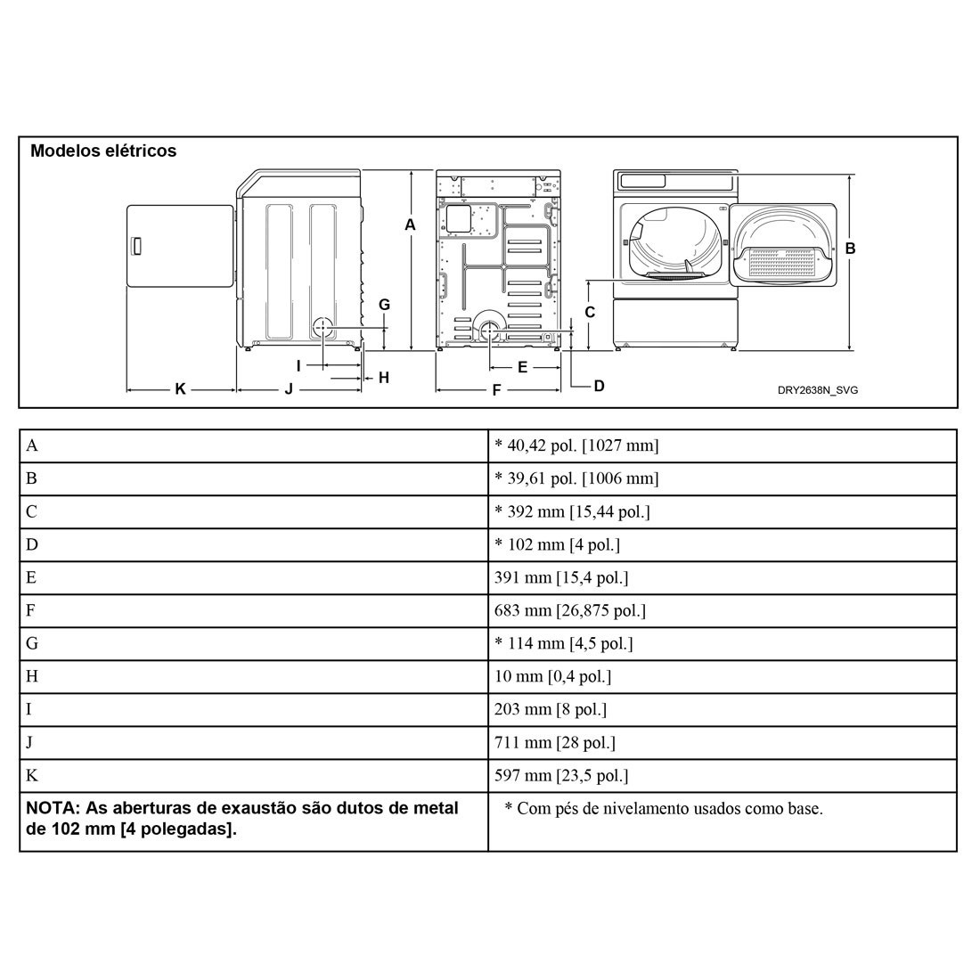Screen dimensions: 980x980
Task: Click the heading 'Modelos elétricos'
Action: [103, 151]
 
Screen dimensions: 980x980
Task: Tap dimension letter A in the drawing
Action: [410, 225]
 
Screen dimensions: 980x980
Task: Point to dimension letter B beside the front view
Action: [850, 249]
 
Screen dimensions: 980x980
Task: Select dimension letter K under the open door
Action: [180, 389]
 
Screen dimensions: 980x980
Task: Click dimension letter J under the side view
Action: [289, 389]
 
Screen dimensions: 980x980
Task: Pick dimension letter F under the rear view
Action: [496, 389]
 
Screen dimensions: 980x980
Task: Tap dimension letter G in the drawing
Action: [384, 305]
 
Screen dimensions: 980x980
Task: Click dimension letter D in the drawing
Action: [599, 386]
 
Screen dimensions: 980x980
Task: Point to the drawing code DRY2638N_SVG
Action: [817, 390]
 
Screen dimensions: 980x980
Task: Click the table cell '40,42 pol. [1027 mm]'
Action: [576, 445]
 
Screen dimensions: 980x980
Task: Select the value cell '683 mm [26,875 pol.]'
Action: [569, 610]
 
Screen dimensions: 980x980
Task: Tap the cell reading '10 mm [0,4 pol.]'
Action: [552, 676]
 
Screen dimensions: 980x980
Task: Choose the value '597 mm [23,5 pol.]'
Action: [561, 775]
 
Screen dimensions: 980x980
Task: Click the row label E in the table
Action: [31, 577]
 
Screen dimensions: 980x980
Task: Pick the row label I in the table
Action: [29, 709]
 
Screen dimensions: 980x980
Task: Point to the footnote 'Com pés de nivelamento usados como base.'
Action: [663, 809]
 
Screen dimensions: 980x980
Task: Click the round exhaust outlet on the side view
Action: [323, 327]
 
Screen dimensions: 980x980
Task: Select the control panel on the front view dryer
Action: [675, 181]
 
